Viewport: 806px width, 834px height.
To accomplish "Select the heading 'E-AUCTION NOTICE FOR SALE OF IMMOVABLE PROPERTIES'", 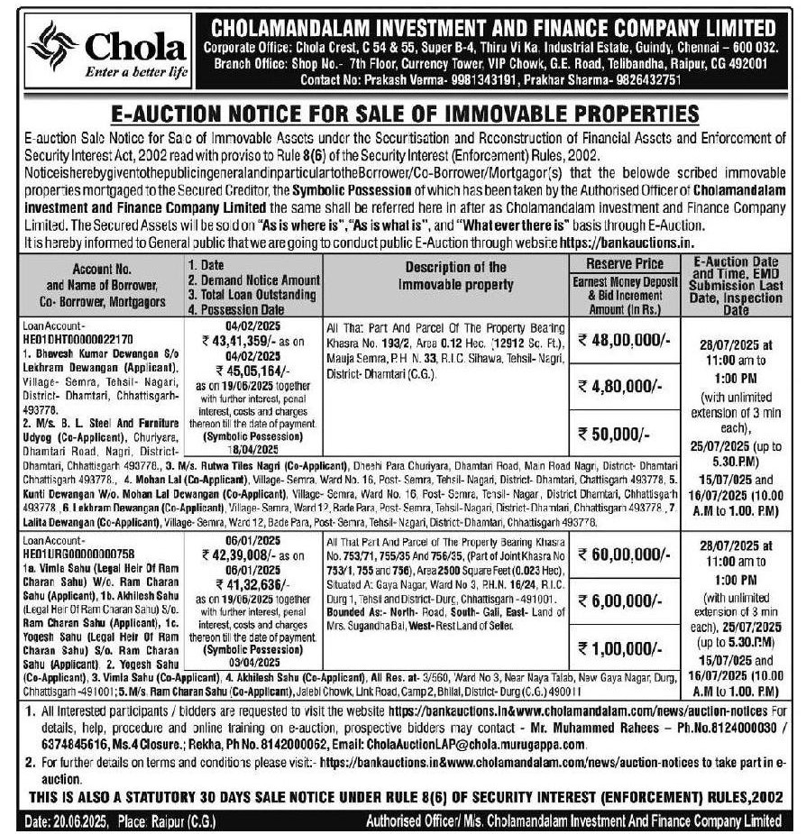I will [403, 115].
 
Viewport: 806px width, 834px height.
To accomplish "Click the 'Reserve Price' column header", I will [625, 263].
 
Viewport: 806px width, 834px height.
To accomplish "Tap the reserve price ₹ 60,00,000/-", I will [625, 558].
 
